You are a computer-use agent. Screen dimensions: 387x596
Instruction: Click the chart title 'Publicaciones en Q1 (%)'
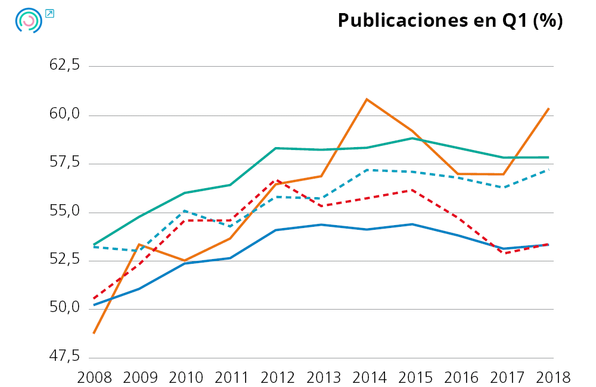[x=450, y=20]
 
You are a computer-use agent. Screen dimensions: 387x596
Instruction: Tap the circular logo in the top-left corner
[x=28, y=20]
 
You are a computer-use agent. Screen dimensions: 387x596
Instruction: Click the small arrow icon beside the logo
[x=49, y=13]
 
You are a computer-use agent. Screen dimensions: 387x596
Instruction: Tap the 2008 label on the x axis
[x=95, y=377]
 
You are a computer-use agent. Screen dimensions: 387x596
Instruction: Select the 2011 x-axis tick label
[x=231, y=377]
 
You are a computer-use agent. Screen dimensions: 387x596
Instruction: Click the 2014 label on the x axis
[x=367, y=377]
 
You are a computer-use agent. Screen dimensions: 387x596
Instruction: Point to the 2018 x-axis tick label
[x=549, y=377]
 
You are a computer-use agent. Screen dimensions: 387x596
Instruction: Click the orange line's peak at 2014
[x=367, y=99]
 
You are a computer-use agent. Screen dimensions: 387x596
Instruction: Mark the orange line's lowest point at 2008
[x=94, y=333]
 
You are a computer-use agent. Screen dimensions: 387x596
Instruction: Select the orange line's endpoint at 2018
[x=548, y=108]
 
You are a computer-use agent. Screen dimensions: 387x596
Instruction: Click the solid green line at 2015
[x=412, y=138]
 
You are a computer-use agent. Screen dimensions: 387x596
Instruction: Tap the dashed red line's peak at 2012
[x=276, y=179]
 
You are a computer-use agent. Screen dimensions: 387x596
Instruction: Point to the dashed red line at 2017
[x=504, y=253]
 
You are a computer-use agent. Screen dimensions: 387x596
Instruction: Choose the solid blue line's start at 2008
[x=94, y=305]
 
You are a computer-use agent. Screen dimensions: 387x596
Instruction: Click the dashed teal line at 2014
[x=367, y=170]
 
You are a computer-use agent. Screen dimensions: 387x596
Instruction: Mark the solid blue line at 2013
[x=321, y=224]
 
